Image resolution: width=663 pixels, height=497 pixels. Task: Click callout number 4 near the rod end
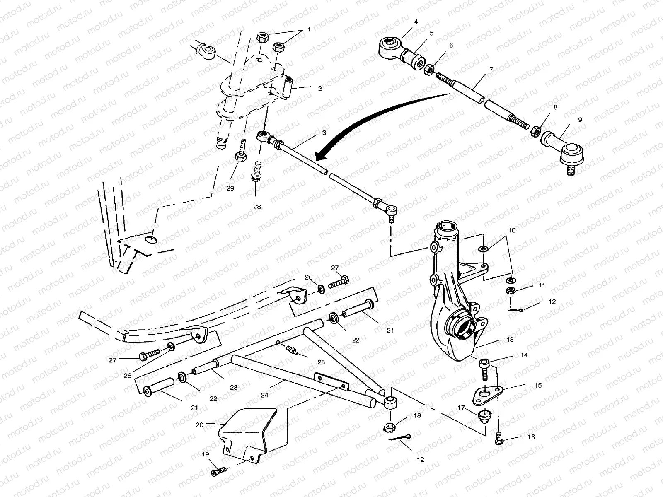(x=416, y=21)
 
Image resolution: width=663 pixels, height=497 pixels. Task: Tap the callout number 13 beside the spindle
(x=510, y=339)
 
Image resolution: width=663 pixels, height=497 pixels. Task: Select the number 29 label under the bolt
(x=230, y=188)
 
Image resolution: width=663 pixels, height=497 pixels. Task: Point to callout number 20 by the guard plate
(x=200, y=425)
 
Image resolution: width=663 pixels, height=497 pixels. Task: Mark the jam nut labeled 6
(x=430, y=68)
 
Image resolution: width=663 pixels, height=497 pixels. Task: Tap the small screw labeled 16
(x=499, y=437)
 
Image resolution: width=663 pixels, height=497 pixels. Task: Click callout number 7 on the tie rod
(x=491, y=69)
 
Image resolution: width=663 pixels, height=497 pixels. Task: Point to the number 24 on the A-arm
(x=264, y=395)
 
